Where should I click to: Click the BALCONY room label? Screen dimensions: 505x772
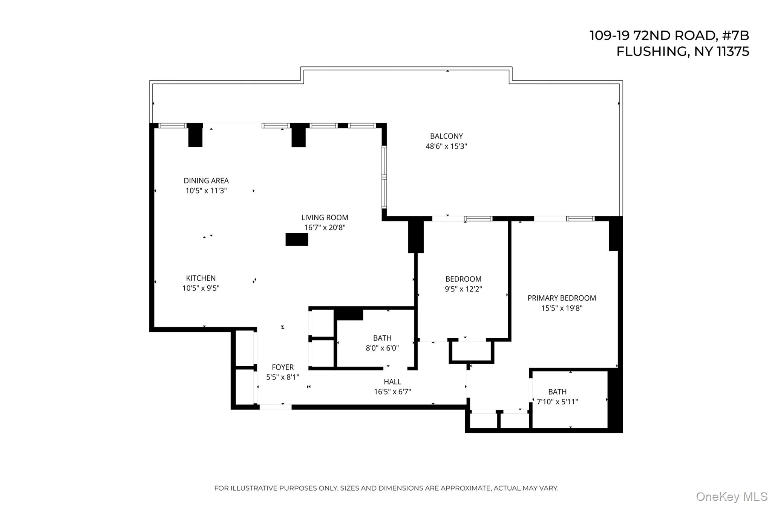pos(446,136)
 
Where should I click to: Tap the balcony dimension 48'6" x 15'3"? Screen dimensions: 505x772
pos(446,146)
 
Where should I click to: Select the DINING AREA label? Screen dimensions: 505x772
pos(206,181)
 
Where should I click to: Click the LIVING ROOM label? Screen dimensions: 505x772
pos(325,218)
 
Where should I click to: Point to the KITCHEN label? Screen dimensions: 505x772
pos(201,278)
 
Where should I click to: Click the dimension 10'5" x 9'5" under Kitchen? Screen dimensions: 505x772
pos(201,289)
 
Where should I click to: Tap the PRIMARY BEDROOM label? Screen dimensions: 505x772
pos(562,298)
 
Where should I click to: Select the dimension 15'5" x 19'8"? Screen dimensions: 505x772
pos(562,308)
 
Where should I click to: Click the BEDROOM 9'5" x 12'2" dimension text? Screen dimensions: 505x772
pos(463,289)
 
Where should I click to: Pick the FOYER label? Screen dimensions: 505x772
pos(283,367)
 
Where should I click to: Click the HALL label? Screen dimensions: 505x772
pos(392,382)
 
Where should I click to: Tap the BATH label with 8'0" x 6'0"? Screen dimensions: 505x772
pos(382,338)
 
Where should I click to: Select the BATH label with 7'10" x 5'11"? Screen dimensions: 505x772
pos(557,392)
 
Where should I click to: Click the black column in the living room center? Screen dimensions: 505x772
pos(297,239)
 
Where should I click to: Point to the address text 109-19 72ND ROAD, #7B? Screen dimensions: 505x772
pos(669,36)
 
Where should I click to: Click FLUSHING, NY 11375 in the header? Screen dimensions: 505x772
pos(683,52)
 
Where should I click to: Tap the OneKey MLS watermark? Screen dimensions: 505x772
pos(731,497)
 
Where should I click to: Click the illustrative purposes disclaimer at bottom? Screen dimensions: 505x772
pos(386,488)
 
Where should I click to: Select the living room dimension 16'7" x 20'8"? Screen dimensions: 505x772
pos(325,228)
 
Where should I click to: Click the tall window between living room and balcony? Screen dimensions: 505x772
pos(384,177)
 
